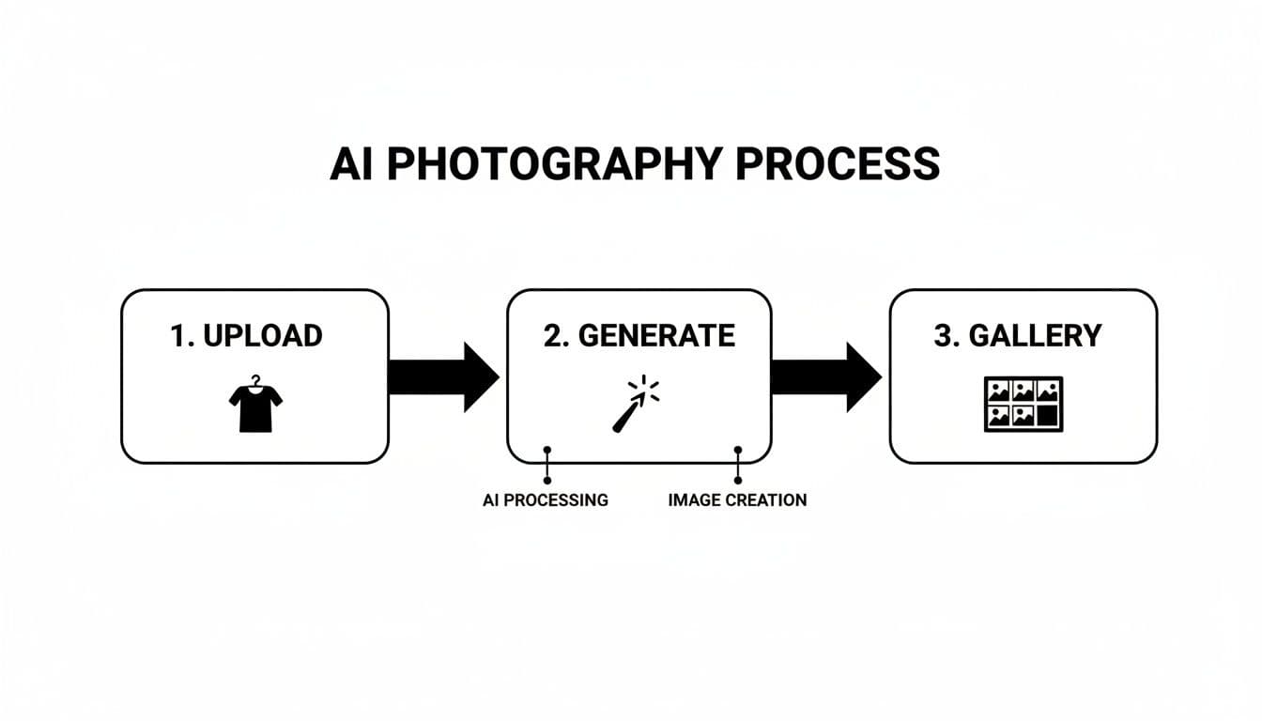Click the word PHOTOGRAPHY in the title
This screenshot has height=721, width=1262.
[554, 164]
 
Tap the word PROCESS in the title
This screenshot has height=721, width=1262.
[838, 164]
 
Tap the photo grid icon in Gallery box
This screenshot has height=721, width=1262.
[1023, 404]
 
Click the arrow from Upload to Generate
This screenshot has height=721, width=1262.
[443, 377]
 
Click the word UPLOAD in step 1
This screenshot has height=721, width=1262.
[262, 336]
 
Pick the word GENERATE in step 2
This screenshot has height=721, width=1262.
[656, 336]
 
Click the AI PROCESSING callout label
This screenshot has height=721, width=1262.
[546, 500]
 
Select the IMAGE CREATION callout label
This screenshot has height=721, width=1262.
[737, 500]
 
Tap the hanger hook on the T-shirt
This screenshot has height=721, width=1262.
[255, 380]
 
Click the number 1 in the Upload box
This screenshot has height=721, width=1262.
[178, 336]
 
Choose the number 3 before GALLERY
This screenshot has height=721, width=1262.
[942, 336]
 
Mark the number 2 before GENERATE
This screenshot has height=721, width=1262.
[553, 336]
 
